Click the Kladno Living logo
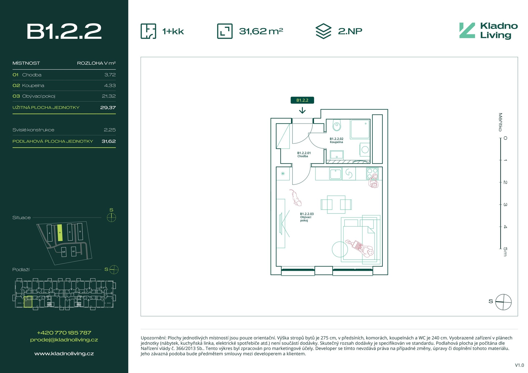[x=488, y=30]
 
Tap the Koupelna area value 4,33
[x=110, y=85]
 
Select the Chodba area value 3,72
[x=110, y=75]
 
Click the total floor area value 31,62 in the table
[x=109, y=141]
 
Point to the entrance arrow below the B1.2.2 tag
[x=302, y=110]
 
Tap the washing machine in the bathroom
[x=365, y=150]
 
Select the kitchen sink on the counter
[x=335, y=174]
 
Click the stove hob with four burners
[x=372, y=174]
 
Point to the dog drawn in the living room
[x=296, y=197]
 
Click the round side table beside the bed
[x=340, y=249]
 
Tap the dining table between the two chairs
[x=336, y=205]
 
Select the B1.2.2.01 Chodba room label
[x=304, y=155]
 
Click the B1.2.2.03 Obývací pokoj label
[x=307, y=217]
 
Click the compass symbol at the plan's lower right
[x=503, y=302]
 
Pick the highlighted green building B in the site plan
[x=60, y=233]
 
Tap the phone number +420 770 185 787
[x=64, y=333]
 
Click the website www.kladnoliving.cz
[x=64, y=353]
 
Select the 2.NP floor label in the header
[x=350, y=31]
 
